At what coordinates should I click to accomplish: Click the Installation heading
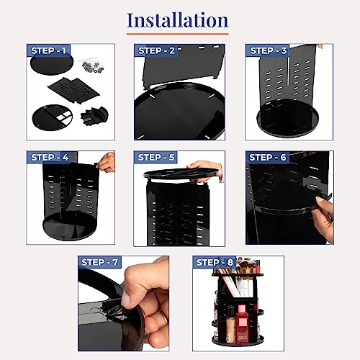pos(177,20)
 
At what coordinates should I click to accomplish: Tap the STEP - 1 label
pos(48,50)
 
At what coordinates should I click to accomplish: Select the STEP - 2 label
pos(156,50)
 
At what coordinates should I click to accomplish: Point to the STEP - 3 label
pos(269,50)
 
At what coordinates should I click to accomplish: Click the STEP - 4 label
pos(50,158)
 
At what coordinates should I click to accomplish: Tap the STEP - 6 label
pos(268,158)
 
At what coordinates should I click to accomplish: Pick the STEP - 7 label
pos(99,262)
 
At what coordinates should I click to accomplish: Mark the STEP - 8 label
pos(215,262)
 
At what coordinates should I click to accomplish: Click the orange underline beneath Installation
pos(177,34)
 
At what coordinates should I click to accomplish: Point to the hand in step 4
pos(107,163)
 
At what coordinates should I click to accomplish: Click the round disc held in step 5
pos(181,173)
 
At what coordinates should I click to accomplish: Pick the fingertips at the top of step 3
pos(320,46)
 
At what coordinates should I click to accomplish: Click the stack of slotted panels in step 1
pos(74,90)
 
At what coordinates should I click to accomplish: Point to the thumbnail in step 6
pos(320,199)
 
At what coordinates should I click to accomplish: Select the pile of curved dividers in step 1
pos(94,116)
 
